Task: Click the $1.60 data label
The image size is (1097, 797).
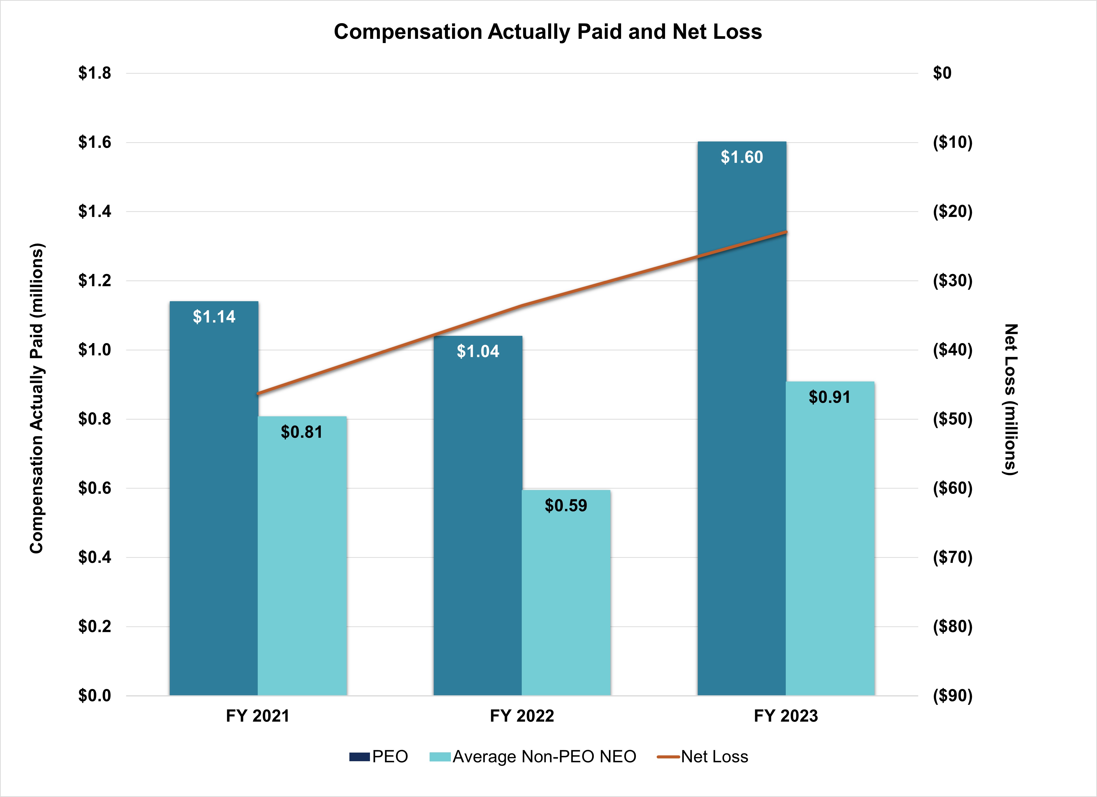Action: (742, 157)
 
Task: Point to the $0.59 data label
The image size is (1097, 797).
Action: (566, 505)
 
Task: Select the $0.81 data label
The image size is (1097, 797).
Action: (302, 432)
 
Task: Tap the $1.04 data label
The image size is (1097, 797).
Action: (478, 351)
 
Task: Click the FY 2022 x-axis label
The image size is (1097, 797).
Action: (522, 716)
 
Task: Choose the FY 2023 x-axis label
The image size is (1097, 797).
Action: (786, 716)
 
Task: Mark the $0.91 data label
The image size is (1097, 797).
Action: (829, 397)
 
